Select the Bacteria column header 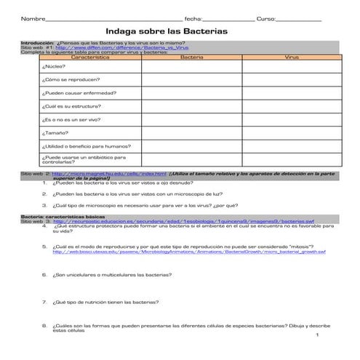[x=192, y=55]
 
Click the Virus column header [x=292, y=55]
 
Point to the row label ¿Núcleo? [x=55, y=65]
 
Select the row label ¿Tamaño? [x=56, y=133]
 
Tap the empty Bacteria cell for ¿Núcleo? [x=192, y=65]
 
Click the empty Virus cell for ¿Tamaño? [x=292, y=133]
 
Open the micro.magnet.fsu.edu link [x=106, y=175]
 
